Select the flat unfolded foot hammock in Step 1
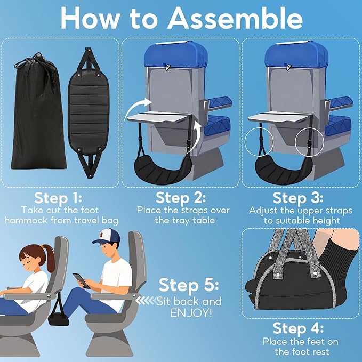coord(87,112)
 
